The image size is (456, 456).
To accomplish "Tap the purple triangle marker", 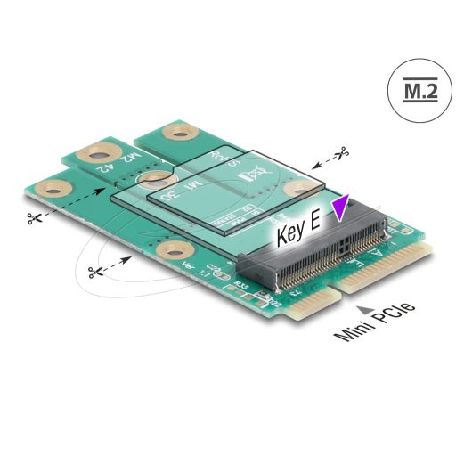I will click(339, 210).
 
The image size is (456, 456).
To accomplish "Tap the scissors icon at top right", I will click(341, 153).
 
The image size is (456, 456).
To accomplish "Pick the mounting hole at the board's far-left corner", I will click(55, 189).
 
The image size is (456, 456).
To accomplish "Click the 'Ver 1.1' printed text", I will click(190, 270).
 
